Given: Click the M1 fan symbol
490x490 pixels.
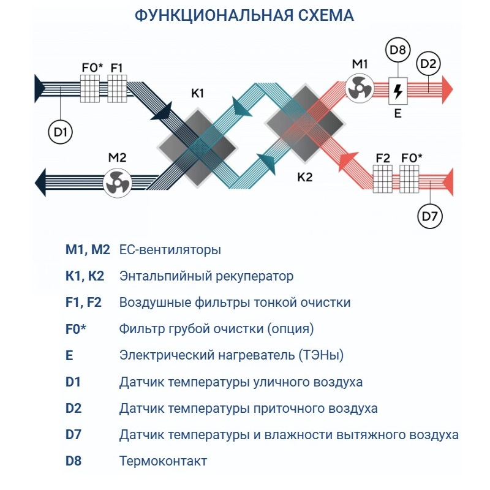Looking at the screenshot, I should tap(358, 88).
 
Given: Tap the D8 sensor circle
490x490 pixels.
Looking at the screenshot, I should tap(398, 51).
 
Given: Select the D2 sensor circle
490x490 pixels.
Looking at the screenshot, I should tap(429, 64).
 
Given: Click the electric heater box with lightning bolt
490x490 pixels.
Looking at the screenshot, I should tap(398, 91).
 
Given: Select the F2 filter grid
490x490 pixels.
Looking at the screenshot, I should tap(383, 181).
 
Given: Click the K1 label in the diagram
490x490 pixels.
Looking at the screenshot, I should tap(197, 93).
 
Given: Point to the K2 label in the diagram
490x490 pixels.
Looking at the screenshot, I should tap(304, 178).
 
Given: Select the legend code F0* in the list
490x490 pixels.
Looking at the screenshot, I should tap(76, 329).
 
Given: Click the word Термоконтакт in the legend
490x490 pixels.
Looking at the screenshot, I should tap(163, 461).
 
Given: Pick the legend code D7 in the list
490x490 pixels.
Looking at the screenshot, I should tap(73, 435).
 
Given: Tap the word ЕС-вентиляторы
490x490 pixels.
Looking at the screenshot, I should tap(170, 250).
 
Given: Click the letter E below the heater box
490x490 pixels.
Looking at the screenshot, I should tap(398, 113).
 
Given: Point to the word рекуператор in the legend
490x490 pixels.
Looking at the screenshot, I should tap(255, 276).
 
